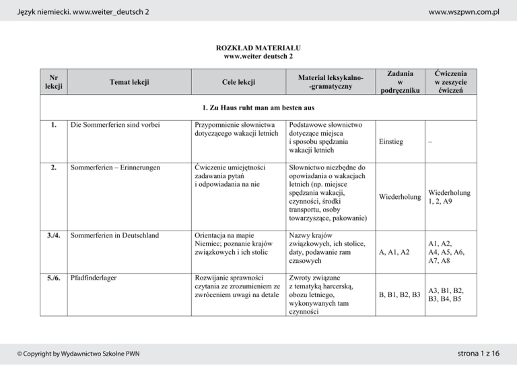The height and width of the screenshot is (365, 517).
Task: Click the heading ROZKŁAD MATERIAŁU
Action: coord(258,48)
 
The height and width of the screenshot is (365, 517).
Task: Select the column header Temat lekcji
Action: coord(128,83)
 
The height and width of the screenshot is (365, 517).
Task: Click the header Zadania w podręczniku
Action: coord(400,81)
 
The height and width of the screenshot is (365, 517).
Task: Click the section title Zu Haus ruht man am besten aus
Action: coord(258,108)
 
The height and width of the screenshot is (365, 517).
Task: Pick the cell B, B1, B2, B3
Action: coord(400,294)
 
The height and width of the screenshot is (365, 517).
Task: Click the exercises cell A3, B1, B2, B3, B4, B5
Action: coord(448,294)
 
